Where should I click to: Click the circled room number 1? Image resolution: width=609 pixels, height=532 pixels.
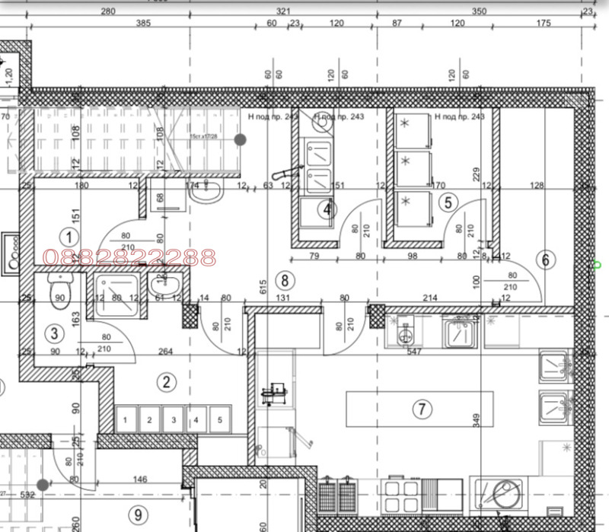tap(69, 235)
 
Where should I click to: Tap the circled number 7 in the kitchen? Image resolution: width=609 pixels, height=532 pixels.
tap(421, 409)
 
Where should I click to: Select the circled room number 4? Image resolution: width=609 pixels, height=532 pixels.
tap(327, 209)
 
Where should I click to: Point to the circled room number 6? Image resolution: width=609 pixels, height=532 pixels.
tap(545, 260)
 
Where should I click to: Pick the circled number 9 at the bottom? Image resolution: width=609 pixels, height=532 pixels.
tap(138, 514)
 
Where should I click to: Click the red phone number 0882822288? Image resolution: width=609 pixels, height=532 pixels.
tap(132, 258)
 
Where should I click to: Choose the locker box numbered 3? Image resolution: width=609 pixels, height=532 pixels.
tap(174, 419)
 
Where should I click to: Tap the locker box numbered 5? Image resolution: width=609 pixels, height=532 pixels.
tap(220, 419)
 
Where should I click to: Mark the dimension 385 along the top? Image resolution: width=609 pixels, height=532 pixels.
tap(143, 24)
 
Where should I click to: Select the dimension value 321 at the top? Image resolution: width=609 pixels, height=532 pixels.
tap(284, 11)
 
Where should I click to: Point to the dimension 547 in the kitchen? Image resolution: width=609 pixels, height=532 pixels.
tap(413, 352)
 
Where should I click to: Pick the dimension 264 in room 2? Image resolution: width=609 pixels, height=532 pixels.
tap(164, 352)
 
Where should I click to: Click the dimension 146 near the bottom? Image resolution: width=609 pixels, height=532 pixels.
tap(139, 479)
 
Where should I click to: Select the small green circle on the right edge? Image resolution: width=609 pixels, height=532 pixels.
tap(598, 265)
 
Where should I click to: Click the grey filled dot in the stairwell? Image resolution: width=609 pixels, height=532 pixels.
tap(240, 139)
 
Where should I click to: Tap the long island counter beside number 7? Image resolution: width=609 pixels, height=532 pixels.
tap(419, 410)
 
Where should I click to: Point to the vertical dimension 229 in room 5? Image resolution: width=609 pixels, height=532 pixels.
tap(477, 174)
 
